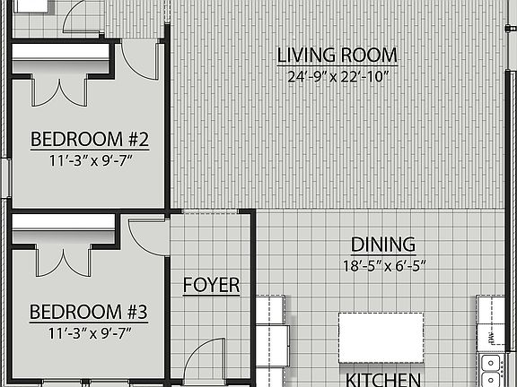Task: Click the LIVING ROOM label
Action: click(x=337, y=56)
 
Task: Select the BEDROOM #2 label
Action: click(x=88, y=140)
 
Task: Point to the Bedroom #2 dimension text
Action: click(x=88, y=162)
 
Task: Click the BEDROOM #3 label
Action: click(x=88, y=313)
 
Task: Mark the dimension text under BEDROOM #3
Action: click(x=88, y=335)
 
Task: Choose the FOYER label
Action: click(x=211, y=286)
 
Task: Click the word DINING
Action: click(x=382, y=245)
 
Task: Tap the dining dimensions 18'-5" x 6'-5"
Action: click(x=382, y=265)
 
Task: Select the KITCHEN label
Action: click(x=383, y=378)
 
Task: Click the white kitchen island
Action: click(x=381, y=331)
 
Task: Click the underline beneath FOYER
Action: click(x=211, y=297)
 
